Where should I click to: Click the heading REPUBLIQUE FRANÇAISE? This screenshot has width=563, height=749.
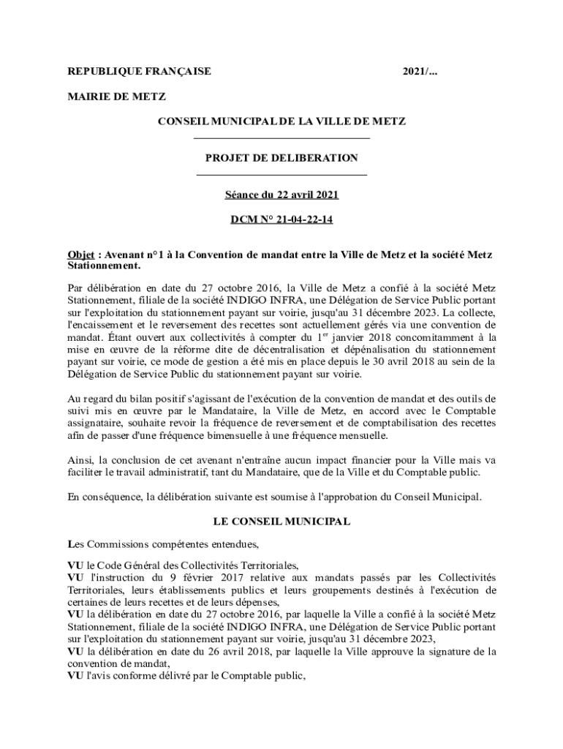click(139, 71)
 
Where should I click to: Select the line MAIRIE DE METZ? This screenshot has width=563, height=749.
click(116, 96)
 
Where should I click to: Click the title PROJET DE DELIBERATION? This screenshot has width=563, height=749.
click(281, 157)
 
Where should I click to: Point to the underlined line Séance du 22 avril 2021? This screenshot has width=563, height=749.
click(281, 195)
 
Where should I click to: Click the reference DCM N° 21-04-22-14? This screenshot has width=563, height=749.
click(281, 219)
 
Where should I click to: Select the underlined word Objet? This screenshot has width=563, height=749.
click(81, 255)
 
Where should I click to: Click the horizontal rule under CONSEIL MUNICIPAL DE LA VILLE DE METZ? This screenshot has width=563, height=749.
click(281, 138)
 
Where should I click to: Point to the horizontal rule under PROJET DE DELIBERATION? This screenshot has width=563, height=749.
click(281, 175)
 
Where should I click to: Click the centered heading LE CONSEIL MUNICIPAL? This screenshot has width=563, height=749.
click(281, 522)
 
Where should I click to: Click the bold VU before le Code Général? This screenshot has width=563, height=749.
click(75, 565)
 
